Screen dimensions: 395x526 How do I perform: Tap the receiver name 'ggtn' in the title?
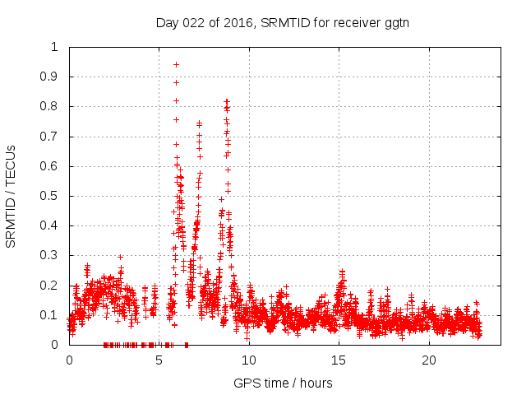coord(395,22)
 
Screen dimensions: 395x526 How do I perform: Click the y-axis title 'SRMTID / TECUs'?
coord(12,196)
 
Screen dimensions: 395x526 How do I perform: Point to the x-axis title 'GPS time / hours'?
coord(283,383)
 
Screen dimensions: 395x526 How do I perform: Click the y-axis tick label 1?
coord(54,47)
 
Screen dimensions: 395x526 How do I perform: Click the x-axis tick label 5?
coord(159,360)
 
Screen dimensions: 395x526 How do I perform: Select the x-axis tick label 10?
coord(249,360)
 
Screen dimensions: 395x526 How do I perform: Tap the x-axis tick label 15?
coord(339,360)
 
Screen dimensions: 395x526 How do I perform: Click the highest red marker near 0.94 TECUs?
coord(176,64)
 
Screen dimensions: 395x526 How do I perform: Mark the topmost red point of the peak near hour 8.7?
coord(227,101)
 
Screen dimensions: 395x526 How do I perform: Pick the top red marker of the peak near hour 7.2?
coord(199,123)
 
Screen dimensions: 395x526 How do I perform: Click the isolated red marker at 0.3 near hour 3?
coord(120,257)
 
